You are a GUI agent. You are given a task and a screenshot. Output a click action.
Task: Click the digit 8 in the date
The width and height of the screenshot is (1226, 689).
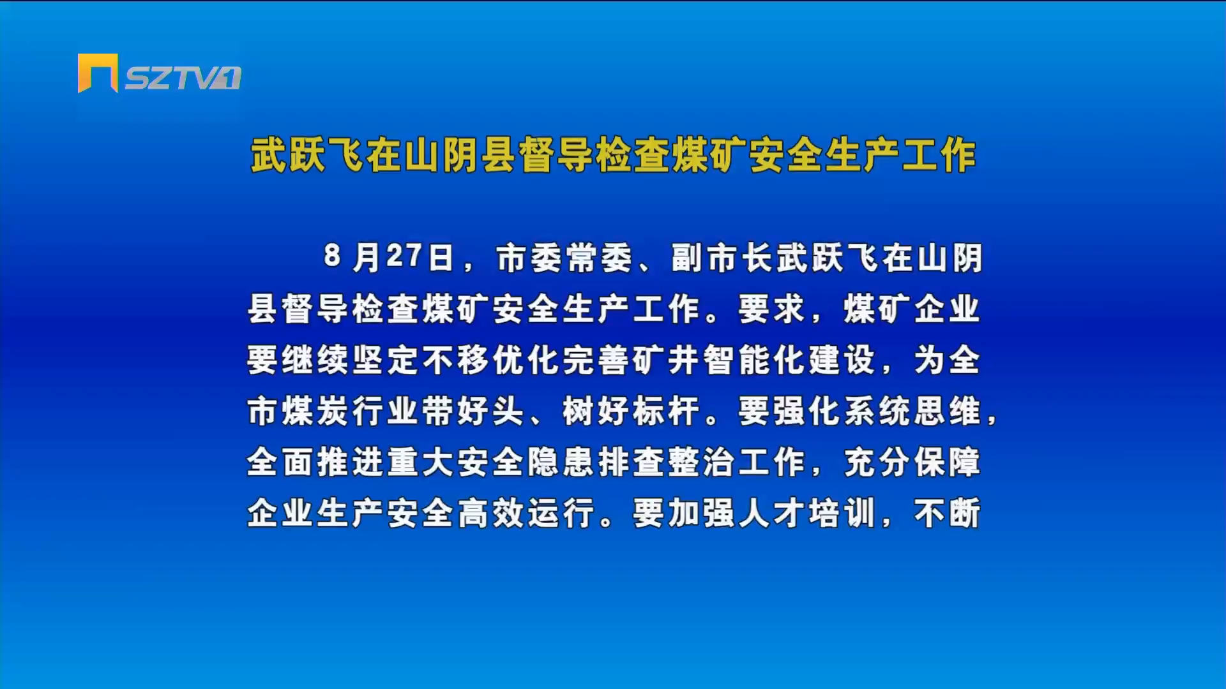332,256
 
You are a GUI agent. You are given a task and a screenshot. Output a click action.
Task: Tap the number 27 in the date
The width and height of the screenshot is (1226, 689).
404,256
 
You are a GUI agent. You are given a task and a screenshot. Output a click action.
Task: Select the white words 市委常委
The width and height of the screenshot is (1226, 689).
564,258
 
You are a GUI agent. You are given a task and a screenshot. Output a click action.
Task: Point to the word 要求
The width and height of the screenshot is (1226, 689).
772,309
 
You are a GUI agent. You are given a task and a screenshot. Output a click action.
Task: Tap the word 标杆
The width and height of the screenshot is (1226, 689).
667,411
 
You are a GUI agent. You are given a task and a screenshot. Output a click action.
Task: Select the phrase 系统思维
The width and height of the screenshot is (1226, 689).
912,411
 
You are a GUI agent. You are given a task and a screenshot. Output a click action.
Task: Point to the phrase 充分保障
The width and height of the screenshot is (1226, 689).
912,462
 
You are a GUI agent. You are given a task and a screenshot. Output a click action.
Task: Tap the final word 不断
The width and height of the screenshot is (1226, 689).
948,513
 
